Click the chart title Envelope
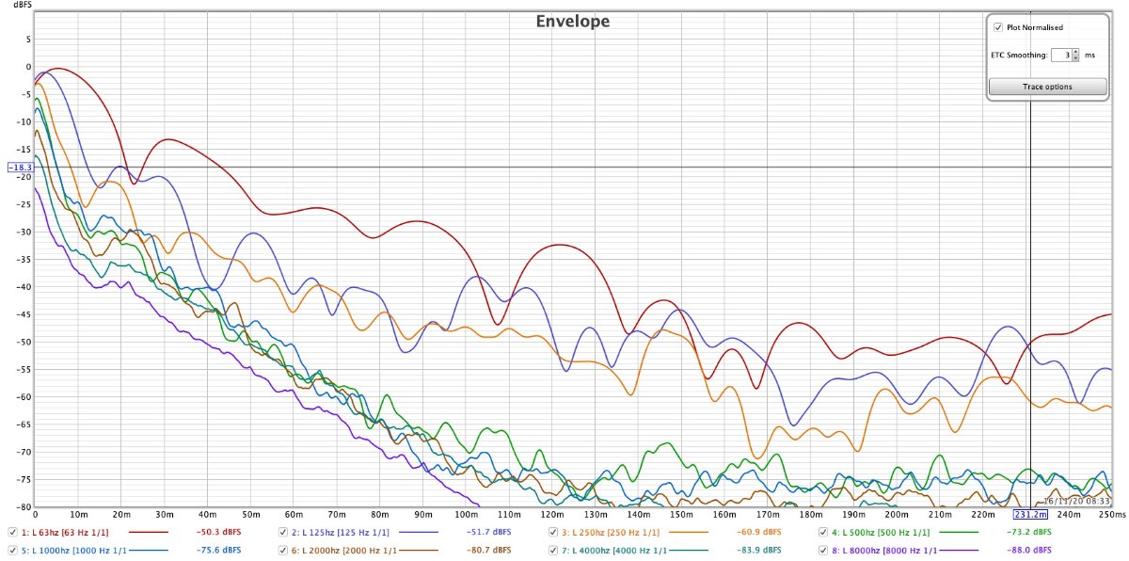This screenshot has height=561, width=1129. pos(573,21)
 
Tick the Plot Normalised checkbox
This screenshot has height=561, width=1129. pos(998,28)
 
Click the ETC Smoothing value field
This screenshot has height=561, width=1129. pos(1061,55)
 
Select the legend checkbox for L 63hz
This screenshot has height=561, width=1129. pos(12,533)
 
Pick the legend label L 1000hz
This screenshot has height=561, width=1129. pos(67,550)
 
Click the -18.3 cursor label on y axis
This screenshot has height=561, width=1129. pos(20,168)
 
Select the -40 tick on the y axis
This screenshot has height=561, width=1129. pos(25,287)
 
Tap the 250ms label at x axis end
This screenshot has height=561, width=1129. pos(1111,515)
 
